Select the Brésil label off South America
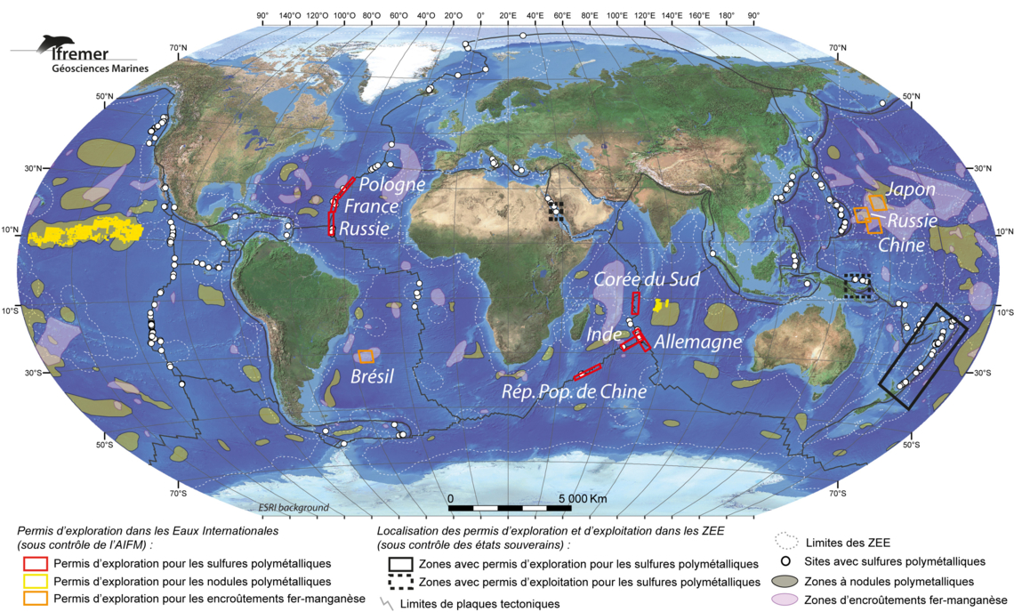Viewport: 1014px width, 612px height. tap(373, 376)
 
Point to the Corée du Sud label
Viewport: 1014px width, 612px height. tap(647, 279)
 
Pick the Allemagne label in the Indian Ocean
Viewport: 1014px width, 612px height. tap(697, 342)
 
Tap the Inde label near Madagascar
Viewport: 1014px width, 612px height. tap(604, 336)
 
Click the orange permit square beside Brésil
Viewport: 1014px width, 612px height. tap(366, 357)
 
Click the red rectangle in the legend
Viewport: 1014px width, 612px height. tap(35, 563)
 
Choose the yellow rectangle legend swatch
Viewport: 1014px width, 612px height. tap(35, 581)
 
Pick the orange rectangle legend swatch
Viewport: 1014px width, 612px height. tap(35, 599)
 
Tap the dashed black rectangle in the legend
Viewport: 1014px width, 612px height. tap(400, 582)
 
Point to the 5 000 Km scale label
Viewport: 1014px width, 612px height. tap(583, 498)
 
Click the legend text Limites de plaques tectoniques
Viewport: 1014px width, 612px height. tap(480, 604)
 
